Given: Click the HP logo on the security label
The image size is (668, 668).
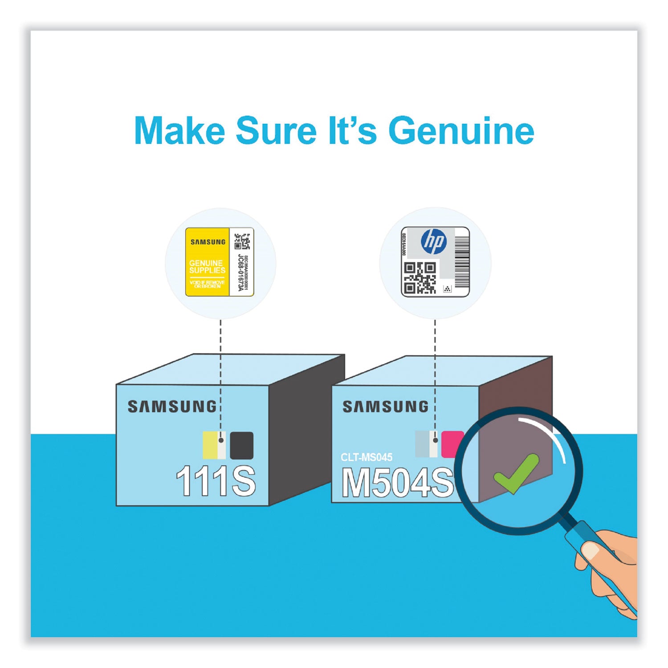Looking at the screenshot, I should pos(434,241).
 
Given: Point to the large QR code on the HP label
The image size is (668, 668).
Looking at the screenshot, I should pos(420,278).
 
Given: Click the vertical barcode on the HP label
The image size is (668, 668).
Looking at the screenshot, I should pos(462,261).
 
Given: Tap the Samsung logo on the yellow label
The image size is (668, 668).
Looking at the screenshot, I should pos(208,242).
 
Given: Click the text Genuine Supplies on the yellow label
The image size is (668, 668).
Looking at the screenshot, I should pos(207,267).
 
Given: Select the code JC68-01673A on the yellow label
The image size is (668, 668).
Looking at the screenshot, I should pos(241,273).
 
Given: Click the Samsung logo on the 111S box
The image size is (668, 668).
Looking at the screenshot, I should pos(171,406).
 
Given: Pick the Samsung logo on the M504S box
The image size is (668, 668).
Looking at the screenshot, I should pos(385,406).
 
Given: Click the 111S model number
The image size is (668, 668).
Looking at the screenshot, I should pos(216,481).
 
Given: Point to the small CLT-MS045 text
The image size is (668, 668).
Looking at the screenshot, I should pos(366,457).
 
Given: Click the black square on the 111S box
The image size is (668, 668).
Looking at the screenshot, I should pos(241,445).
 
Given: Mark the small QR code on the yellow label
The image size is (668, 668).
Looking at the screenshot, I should pos(242,240).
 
